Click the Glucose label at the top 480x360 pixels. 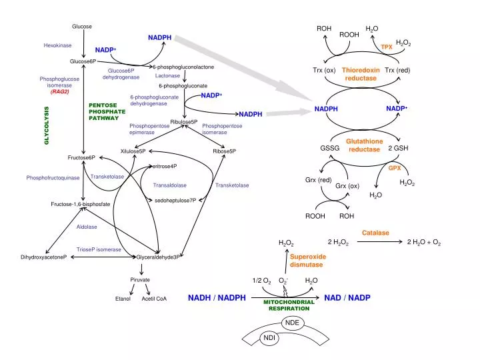point(82,26)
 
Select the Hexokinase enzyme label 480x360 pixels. point(57,45)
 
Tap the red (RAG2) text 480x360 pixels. point(59,91)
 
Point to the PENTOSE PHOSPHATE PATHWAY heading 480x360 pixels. point(103,111)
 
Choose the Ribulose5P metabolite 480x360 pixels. point(184,122)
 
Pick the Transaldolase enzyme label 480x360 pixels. point(170,185)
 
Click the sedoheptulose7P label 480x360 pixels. point(175,200)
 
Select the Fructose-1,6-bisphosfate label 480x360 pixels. point(81,203)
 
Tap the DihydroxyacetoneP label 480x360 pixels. point(44,257)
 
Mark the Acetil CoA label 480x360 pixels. point(154,299)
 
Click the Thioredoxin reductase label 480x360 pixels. point(361,74)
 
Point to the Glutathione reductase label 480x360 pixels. point(364,145)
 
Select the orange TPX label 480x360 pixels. point(387,47)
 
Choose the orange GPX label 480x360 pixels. point(395,168)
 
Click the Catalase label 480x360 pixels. point(375,233)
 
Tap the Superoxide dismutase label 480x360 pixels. point(307,261)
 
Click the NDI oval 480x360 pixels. point(269,339)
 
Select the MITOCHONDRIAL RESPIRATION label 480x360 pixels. point(289,305)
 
